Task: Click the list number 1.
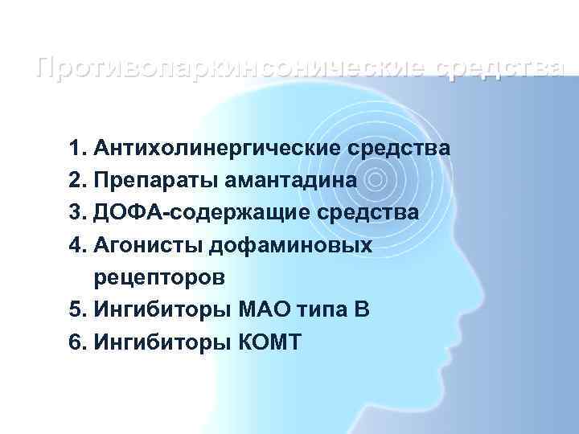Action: coord(76,149)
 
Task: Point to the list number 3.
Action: coord(76,213)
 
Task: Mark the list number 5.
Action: coord(76,310)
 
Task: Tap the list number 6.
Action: coord(76,342)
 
